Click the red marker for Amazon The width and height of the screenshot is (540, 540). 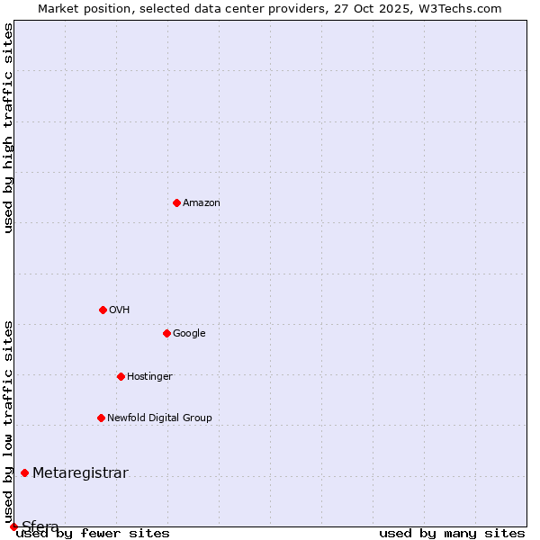(x=176, y=202)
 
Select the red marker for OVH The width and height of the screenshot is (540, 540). (x=103, y=310)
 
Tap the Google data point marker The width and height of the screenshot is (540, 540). (x=166, y=333)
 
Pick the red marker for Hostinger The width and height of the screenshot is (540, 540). (x=121, y=376)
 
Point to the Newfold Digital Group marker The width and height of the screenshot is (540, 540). (x=101, y=418)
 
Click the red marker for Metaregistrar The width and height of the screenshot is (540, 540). (x=24, y=473)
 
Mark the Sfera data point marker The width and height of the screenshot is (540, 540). (x=13, y=526)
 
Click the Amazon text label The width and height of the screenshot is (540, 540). (x=202, y=203)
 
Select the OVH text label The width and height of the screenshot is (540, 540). (x=120, y=310)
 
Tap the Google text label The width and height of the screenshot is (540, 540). (x=189, y=334)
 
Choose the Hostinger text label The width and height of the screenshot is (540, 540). (x=149, y=377)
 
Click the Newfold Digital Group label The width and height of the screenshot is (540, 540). (x=159, y=418)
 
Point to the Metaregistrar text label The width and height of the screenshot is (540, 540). (x=80, y=473)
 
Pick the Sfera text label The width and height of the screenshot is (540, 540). (x=40, y=526)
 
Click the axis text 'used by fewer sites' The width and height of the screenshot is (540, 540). (x=93, y=534)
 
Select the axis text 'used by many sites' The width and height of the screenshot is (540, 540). (x=452, y=534)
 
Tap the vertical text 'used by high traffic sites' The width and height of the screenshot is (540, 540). (x=8, y=129)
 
